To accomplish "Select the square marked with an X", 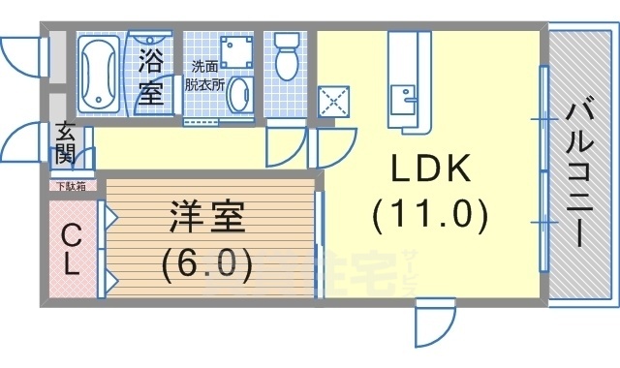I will [332, 102].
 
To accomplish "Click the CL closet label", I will [71, 249].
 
